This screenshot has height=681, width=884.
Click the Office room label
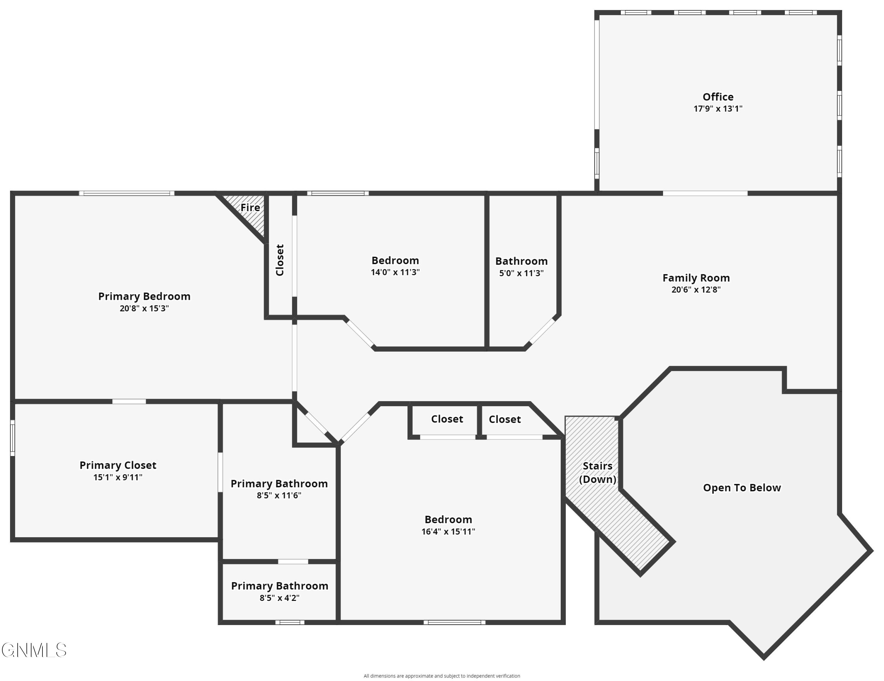click(x=718, y=97)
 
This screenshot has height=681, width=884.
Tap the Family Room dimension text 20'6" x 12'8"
click(x=696, y=290)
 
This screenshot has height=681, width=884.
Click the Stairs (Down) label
click(x=597, y=472)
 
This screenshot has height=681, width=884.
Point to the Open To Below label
click(x=741, y=487)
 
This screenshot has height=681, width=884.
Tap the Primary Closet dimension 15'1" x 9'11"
click(x=118, y=477)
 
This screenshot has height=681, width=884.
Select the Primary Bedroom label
click(x=144, y=296)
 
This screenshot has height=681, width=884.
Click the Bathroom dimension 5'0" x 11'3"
click(x=521, y=273)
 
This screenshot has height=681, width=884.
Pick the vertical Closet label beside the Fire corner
click(x=280, y=260)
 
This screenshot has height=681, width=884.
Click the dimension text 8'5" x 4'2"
click(x=279, y=598)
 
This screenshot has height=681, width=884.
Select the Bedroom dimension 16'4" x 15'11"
click(x=448, y=531)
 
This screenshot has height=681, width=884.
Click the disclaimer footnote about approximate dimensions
click(x=442, y=676)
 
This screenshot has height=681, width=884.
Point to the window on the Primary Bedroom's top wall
click(x=127, y=194)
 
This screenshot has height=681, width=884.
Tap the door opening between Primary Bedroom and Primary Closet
click(x=129, y=401)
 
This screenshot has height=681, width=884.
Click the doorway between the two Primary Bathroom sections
click(x=293, y=562)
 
